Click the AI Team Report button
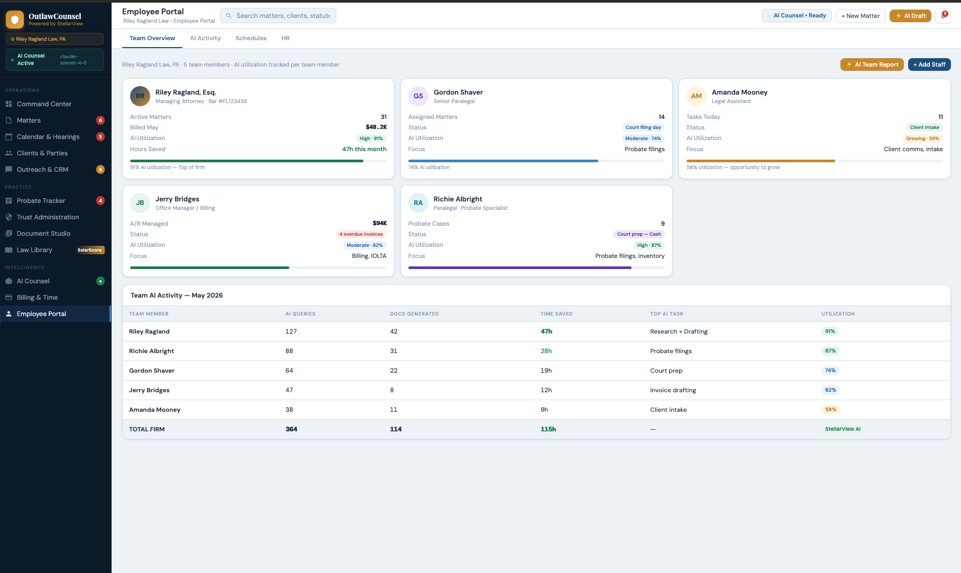point(872,64)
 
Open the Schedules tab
point(251,38)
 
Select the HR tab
point(285,38)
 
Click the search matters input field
point(282,16)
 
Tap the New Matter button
point(860,16)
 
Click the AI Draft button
point(910,16)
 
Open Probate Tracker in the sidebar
point(41,201)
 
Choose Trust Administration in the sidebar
point(48,217)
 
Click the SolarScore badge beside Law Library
point(89,250)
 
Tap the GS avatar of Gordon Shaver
point(418,96)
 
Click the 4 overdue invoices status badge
point(361,234)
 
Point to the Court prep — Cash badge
point(638,234)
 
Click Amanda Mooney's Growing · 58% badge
point(922,138)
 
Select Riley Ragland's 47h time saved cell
point(546,331)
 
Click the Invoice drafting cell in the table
point(673,390)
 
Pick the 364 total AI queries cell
point(291,429)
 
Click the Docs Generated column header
point(414,314)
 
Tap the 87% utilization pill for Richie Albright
point(830,351)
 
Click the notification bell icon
point(942,16)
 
